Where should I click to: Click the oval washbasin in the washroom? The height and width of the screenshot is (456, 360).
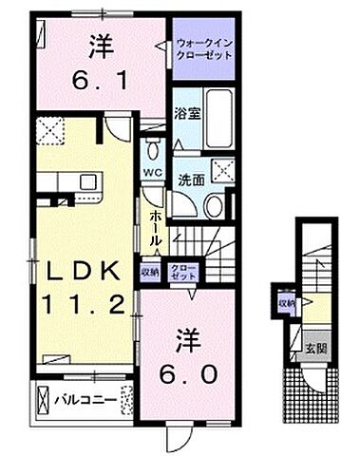[215, 206]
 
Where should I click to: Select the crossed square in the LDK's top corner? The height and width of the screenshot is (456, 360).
[49, 129]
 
